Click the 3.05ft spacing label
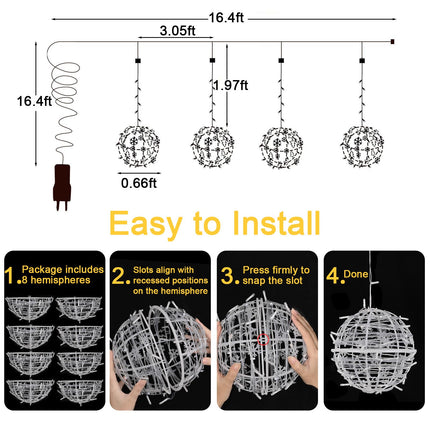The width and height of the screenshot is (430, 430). point(176,31)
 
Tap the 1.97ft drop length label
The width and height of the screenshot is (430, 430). point(231,87)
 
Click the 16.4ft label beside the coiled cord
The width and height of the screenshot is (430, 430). point(33,101)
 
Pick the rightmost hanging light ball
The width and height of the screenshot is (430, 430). point(361,144)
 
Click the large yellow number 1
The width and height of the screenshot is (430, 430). point(10,272)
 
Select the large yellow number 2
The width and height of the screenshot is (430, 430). point(119,272)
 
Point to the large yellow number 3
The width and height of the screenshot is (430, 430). point(228,272)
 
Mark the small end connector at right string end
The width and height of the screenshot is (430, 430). point(392,41)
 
